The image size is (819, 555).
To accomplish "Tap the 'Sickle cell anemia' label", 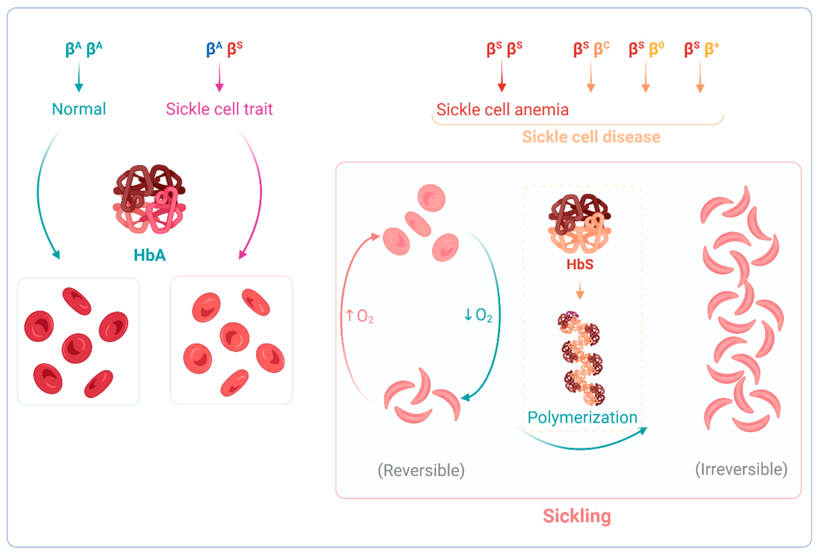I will point(502,109).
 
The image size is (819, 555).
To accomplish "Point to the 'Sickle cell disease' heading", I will point(591,137).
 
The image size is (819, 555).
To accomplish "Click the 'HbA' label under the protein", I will point(149,255).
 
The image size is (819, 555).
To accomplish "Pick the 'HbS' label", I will point(580,264).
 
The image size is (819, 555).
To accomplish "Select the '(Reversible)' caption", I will point(421,470).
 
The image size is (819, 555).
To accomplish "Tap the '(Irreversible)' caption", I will point(741,469).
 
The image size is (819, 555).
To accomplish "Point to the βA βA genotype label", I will point(84,49).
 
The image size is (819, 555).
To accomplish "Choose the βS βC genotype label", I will point(591,49).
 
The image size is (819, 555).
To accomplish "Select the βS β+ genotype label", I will point(701,49).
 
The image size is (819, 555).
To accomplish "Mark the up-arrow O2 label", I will point(360,316).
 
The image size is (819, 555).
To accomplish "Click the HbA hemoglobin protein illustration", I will point(149,199).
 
